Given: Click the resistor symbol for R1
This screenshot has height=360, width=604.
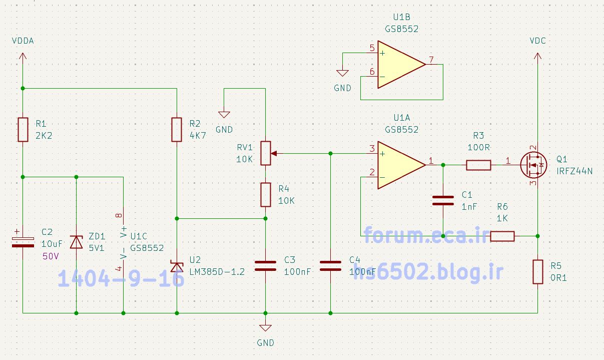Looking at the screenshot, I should [23, 130].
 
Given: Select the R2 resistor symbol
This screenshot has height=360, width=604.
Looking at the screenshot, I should [177, 130].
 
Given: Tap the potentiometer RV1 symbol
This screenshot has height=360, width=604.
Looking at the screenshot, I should [266, 153].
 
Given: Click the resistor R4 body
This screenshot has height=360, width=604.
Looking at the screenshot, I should [266, 195].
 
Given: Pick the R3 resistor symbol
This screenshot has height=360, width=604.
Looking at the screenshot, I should [479, 165].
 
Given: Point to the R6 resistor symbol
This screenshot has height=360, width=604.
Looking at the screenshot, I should [502, 236].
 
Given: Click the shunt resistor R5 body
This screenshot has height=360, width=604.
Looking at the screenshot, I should [537, 272].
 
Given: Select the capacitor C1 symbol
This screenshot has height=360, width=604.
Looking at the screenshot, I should [443, 200].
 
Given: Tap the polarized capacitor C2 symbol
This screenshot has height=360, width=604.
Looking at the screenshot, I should [23, 241].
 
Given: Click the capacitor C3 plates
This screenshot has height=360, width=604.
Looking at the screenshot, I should [265, 265].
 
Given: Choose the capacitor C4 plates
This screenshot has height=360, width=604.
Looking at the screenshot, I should [331, 265].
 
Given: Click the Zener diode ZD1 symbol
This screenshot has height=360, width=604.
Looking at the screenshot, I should [76, 242].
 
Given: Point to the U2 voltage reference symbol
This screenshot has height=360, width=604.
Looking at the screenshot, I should [177, 266].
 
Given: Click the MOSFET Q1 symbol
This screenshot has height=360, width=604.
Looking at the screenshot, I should [532, 165].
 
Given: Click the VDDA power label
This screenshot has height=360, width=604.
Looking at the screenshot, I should [23, 41].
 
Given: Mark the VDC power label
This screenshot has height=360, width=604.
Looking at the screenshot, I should [537, 41].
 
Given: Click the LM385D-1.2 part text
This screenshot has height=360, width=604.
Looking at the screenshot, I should [217, 272].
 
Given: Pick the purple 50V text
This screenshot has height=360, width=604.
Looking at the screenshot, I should [50, 256].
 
